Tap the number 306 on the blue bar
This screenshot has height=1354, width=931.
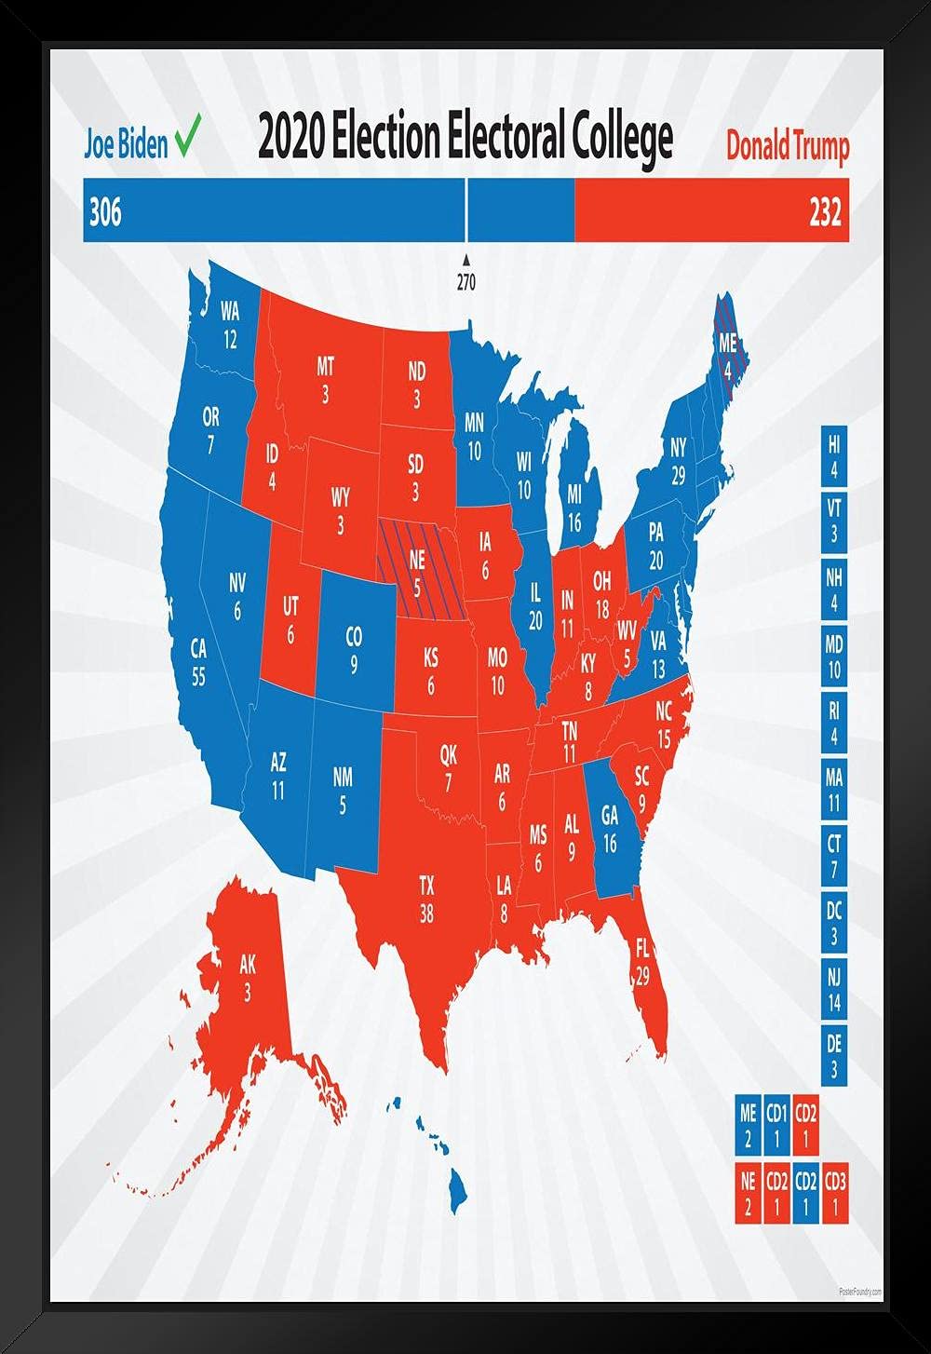coord(105,213)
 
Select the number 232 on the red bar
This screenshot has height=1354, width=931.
coord(825,213)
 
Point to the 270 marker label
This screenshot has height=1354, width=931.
coord(465,284)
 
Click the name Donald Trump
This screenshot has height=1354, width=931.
coord(788,146)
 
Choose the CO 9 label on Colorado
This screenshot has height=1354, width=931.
coord(354,650)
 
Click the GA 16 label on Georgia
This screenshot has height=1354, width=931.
coord(610,829)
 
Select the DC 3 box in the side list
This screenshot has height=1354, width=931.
coord(833,923)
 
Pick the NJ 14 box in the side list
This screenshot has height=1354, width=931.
coord(833,990)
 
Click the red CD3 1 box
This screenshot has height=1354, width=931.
coord(834,1194)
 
